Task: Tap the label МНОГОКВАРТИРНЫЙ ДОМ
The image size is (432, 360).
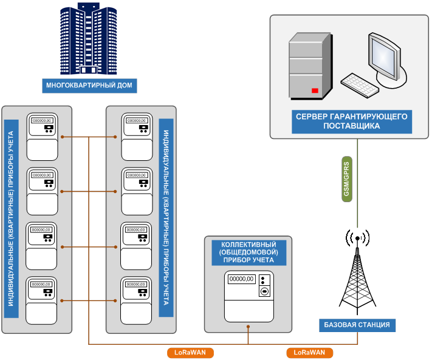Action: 89,85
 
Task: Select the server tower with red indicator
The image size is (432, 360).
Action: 309,65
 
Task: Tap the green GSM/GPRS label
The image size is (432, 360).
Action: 346,175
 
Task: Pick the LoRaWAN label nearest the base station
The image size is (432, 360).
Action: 309,352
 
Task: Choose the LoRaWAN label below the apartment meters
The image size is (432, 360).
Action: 190,352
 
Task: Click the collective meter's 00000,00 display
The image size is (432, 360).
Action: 241,279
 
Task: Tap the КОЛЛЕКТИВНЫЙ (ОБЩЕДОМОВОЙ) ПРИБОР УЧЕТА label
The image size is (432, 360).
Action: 248,252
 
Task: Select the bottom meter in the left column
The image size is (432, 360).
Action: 41,301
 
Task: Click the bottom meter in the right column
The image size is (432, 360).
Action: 136,301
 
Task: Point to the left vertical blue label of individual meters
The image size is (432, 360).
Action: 10,219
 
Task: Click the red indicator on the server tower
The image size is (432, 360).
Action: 315,90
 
